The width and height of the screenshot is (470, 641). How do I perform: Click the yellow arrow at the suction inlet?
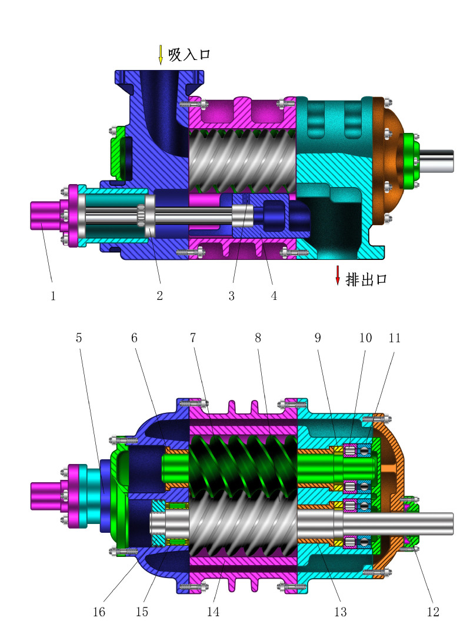(x=161, y=55)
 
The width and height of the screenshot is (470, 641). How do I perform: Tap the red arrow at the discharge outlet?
(x=338, y=275)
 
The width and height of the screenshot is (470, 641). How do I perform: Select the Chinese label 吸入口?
(x=189, y=54)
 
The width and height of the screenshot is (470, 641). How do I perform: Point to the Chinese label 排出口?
(x=366, y=279)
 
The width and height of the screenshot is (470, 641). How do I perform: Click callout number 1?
(x=53, y=296)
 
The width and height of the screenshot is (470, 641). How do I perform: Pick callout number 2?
(x=159, y=296)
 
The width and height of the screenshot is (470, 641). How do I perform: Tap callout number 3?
(x=232, y=296)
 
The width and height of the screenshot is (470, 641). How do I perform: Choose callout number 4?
(x=274, y=296)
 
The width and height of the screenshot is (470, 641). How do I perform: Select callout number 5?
(x=79, y=338)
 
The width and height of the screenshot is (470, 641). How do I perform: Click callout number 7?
(x=193, y=338)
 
